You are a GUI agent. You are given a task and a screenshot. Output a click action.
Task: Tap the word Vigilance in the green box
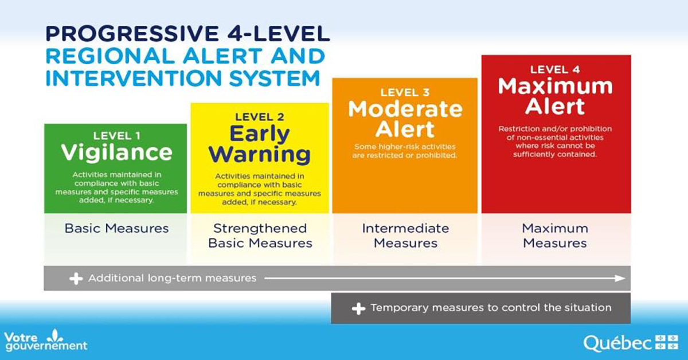coord(116,152)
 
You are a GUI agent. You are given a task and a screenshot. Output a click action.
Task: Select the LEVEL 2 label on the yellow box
coord(260,117)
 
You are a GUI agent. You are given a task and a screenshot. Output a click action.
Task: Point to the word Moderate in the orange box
coord(405,109)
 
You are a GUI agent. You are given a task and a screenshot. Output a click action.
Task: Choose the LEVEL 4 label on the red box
coord(555,69)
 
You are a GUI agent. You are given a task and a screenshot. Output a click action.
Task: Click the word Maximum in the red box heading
coord(555,87)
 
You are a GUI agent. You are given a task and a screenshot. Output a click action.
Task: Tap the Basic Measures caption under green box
coord(116,228)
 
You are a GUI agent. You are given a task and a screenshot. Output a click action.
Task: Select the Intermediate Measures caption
coord(405,235)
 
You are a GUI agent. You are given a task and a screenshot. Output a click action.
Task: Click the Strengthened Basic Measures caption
coord(260,235)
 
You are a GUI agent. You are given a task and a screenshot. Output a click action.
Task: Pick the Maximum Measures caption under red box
coord(555,235)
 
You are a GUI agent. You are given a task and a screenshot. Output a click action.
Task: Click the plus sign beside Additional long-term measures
coord(76,279)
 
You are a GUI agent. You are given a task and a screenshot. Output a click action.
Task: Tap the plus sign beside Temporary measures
coord(358,308)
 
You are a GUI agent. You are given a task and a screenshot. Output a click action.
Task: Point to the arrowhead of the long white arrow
coord(620,278)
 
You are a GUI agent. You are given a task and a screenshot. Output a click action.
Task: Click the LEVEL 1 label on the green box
coord(116,135)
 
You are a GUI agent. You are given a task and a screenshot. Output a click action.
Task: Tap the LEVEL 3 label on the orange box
coord(405,92)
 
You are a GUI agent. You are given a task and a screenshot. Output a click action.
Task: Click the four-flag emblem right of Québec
coord(667,342)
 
